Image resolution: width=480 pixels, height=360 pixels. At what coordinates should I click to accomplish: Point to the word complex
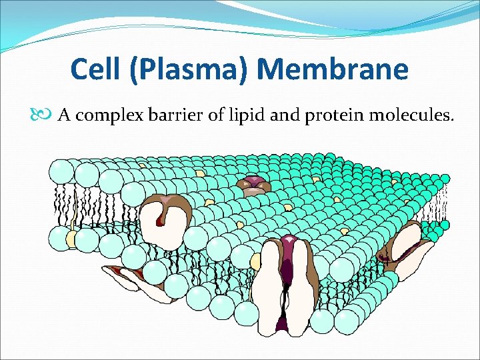pyautogui.click(x=106, y=117)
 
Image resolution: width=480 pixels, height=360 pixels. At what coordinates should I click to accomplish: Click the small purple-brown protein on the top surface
pyautogui.click(x=253, y=184)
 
